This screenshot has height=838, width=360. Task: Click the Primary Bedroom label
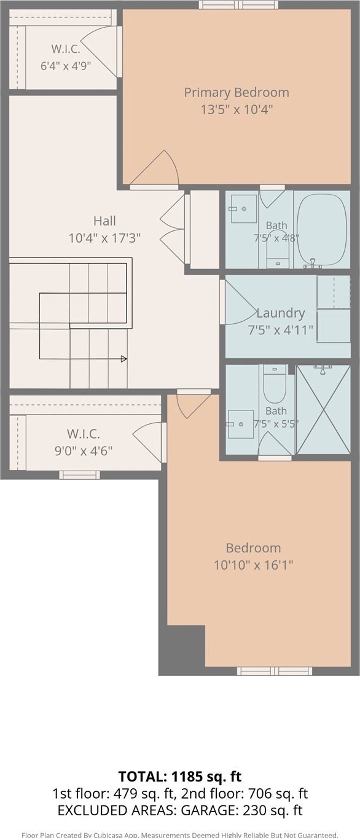tap(237, 93)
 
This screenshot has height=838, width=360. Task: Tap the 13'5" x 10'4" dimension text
tap(237, 109)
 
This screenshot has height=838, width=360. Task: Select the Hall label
tap(104, 221)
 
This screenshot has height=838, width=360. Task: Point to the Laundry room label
tap(281, 313)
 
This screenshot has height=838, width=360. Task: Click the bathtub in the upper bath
tap(322, 230)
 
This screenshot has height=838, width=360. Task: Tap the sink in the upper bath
tap(244, 209)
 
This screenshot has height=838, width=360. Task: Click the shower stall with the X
tap(323, 410)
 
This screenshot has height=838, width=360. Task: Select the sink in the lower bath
tap(241, 425)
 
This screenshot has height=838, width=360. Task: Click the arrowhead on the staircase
tap(124, 359)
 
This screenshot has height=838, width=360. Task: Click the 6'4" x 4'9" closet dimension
tap(66, 66)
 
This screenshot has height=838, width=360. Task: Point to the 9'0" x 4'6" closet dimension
tap(84, 451)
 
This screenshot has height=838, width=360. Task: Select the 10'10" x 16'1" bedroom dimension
tap(253, 565)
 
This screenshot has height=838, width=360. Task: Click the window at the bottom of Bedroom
tap(275, 671)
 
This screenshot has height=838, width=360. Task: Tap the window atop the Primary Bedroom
tap(239, 4)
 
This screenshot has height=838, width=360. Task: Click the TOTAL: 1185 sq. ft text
tap(180, 777)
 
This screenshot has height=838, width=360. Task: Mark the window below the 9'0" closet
tap(80, 475)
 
